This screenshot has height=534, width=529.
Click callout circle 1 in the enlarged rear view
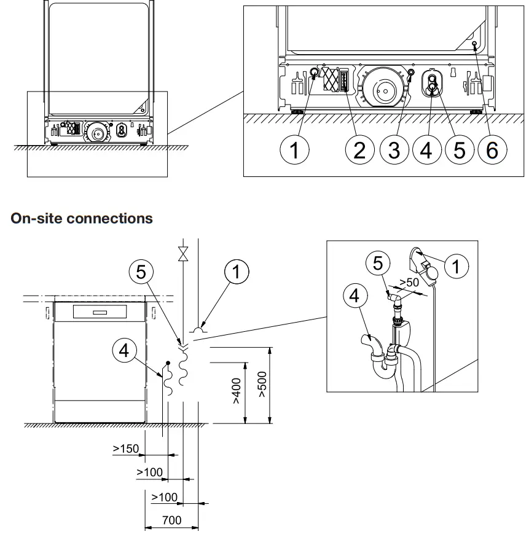[296, 149]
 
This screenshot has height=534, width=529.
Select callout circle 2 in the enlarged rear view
[360, 149]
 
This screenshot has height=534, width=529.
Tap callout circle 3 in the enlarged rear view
[393, 149]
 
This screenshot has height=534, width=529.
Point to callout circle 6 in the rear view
[493, 149]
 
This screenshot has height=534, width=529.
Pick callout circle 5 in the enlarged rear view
[459, 149]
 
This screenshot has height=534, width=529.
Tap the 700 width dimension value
[171, 520]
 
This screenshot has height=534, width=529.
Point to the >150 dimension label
[126, 448]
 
